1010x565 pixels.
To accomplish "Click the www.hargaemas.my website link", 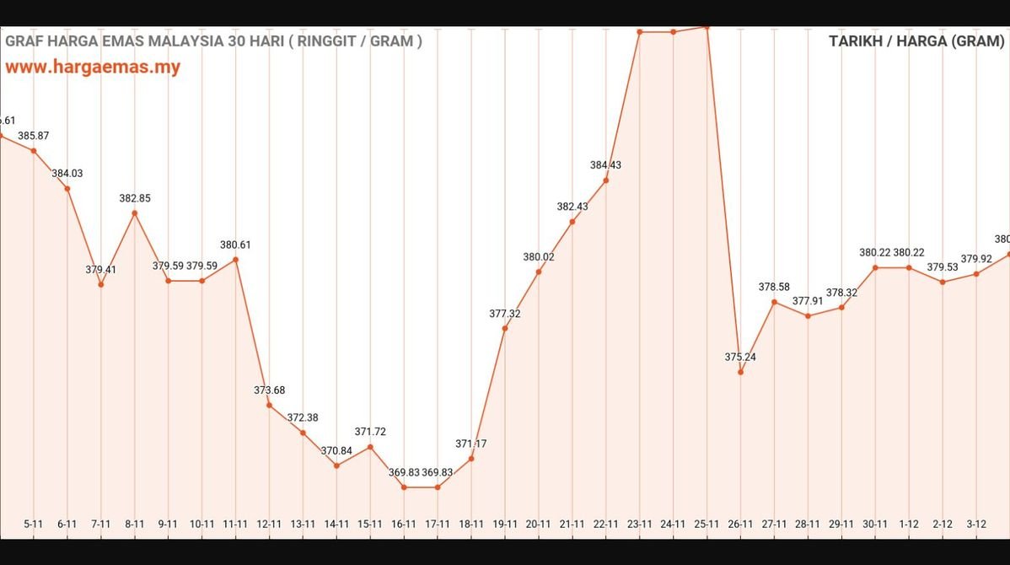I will point(93,67).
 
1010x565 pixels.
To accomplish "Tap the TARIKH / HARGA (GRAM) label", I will point(916,40).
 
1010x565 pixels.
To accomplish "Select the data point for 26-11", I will point(740,372).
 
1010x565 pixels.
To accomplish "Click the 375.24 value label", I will point(740,357).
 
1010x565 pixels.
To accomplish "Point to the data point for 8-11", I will point(134,213).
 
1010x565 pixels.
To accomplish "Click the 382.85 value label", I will point(134,198).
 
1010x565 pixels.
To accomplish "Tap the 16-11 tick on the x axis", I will point(404,524).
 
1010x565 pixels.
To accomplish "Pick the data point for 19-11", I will point(505,328).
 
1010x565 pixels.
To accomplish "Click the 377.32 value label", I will point(505,314).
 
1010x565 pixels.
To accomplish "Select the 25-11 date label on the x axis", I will point(706,524).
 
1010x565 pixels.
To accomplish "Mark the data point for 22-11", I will point(606,180).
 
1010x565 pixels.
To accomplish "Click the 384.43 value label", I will point(606,165).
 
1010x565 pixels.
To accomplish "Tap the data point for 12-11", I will point(269,406).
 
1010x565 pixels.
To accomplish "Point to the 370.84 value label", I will point(336,450).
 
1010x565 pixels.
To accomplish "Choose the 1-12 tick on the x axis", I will point(909,524).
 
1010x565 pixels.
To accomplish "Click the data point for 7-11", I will point(100,284).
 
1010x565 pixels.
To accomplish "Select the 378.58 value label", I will point(774,287).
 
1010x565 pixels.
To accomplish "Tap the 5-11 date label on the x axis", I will point(33,524).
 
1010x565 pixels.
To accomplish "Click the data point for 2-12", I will point(943,282).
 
